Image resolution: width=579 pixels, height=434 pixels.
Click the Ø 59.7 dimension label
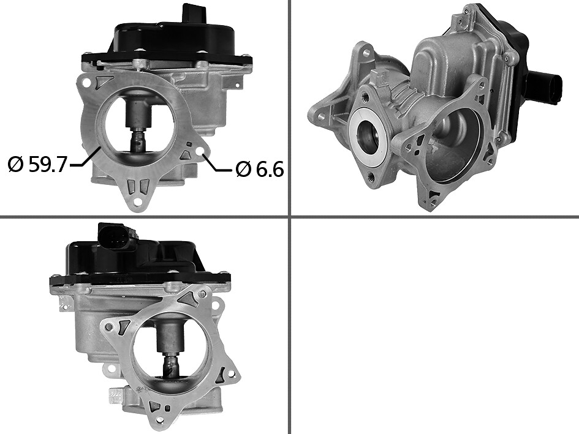tap(37, 164)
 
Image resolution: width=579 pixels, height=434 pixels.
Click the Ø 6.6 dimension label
tap(260, 170)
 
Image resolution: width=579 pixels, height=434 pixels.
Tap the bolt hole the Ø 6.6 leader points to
tap(201, 152)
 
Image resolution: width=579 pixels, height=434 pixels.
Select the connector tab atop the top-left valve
tap(194, 14)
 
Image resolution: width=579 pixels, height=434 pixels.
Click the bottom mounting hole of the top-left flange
tap(138, 201)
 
